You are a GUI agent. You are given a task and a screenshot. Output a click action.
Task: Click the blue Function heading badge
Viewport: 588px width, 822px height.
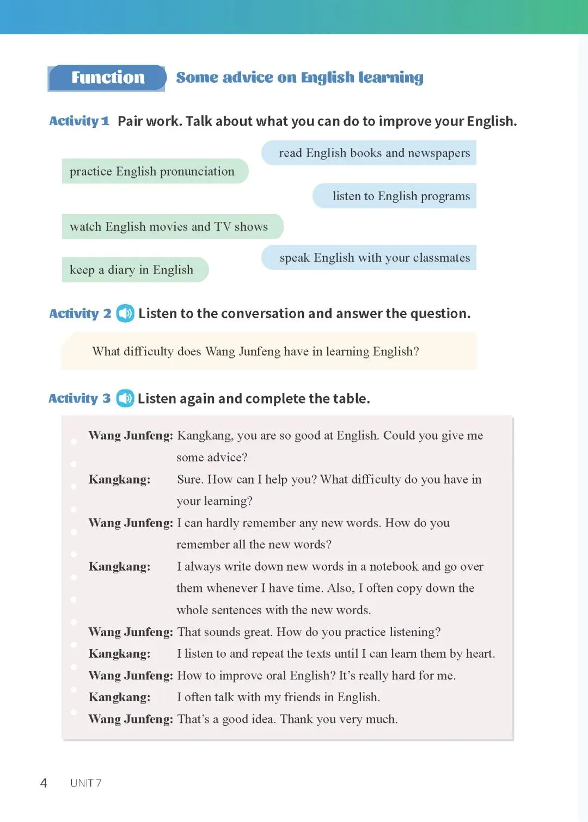coord(107,78)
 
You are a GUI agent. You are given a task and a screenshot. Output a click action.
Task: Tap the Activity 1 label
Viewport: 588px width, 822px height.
coord(79,121)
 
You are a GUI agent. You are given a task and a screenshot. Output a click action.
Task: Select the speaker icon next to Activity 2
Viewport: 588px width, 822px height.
coord(125,313)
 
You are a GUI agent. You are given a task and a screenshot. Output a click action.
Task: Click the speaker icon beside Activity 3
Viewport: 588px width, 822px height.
coord(125,398)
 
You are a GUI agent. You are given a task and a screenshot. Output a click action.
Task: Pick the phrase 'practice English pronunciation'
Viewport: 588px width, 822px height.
coord(152,171)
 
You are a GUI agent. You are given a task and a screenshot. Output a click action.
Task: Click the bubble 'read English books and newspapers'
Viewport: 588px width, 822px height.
coord(374,153)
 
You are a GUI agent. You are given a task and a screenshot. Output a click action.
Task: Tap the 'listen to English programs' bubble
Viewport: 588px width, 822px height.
coord(401,196)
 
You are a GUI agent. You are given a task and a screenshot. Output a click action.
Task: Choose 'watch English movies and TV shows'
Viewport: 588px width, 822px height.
coord(169,226)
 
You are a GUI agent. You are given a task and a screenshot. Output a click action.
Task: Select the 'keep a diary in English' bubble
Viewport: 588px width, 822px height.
coord(131,270)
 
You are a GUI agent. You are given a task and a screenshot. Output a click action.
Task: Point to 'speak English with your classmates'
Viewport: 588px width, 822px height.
coord(375,257)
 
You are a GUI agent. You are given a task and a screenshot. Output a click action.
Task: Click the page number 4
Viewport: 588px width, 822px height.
coord(44,783)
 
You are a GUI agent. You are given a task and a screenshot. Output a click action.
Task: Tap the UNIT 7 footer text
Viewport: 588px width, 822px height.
coord(85,783)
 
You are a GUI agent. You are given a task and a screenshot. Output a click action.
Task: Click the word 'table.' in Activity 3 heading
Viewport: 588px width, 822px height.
coord(352,399)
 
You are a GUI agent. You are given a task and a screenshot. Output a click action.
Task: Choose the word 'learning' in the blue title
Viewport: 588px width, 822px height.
coord(390,78)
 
